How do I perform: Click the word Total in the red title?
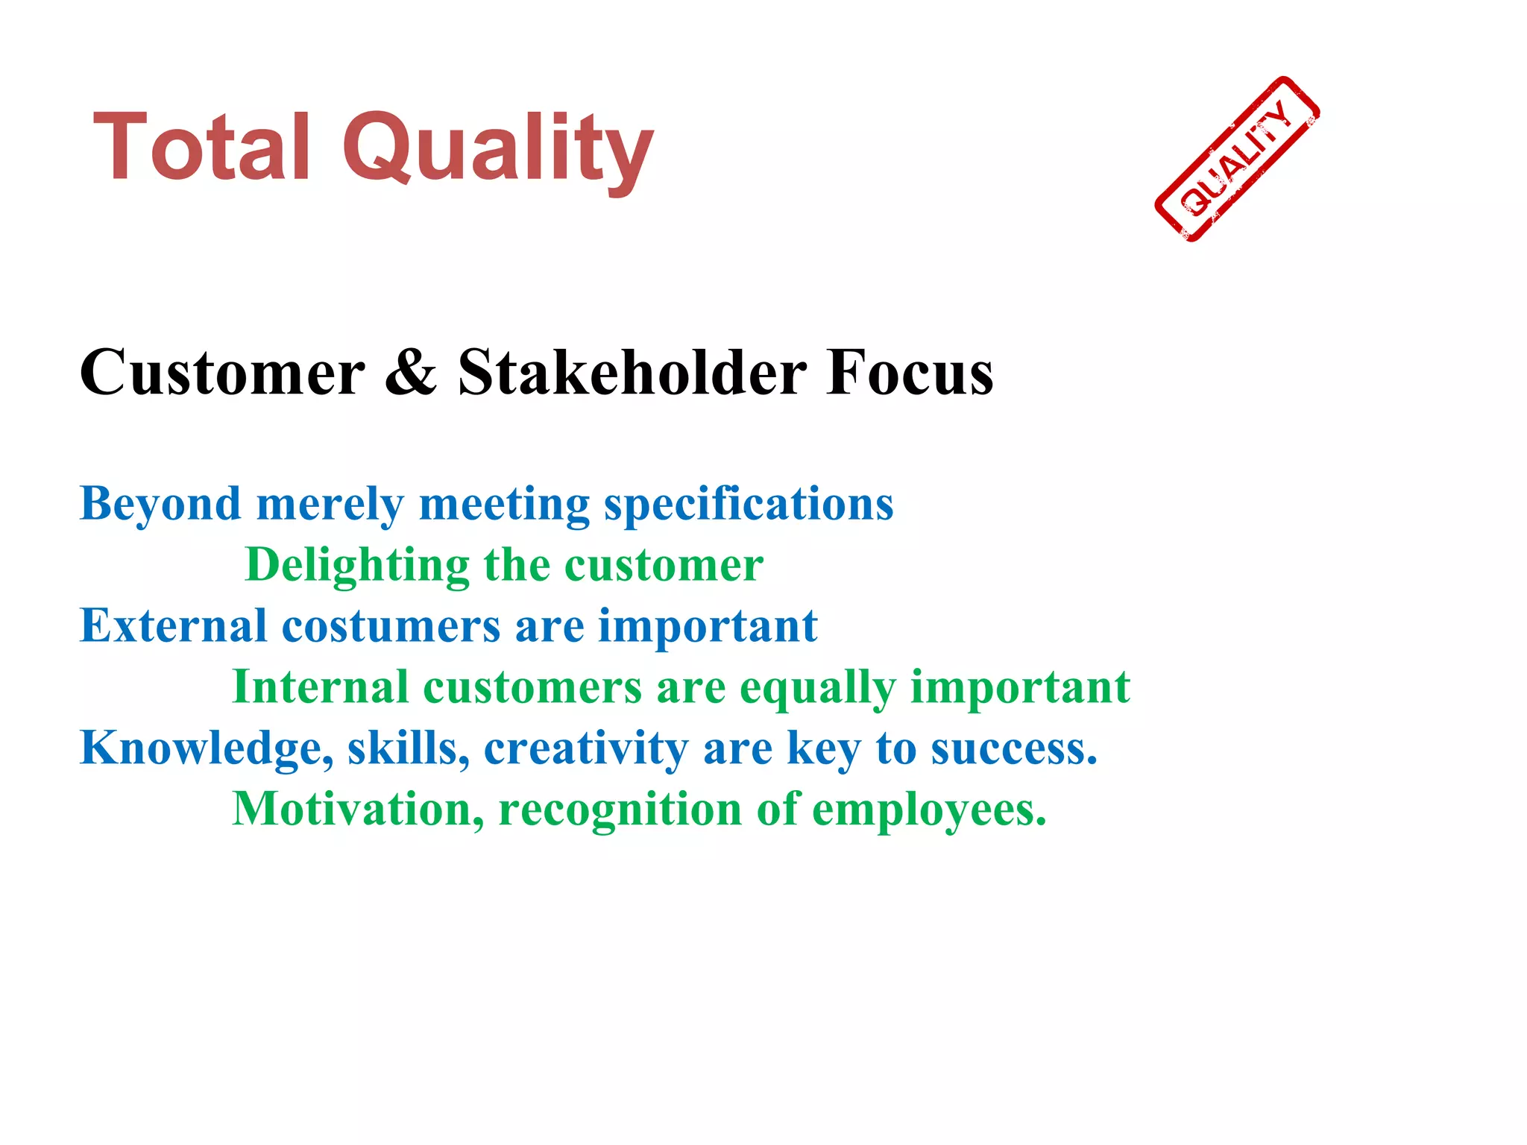[x=201, y=147]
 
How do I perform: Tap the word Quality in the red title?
[x=497, y=149]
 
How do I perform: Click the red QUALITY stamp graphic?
[x=1237, y=159]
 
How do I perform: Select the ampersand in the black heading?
[x=411, y=372]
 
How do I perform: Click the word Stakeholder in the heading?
[x=632, y=372]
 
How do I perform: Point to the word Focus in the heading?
[x=910, y=372]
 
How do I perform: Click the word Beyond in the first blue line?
[x=160, y=505]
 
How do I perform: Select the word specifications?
[x=749, y=505]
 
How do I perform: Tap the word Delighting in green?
[x=357, y=566]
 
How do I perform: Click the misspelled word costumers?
[x=391, y=625]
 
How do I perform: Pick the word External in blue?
[x=173, y=625]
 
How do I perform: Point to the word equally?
[x=817, y=688]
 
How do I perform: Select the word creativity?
[x=586, y=748]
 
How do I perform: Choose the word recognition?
[x=620, y=810]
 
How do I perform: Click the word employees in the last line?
[x=928, y=810]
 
